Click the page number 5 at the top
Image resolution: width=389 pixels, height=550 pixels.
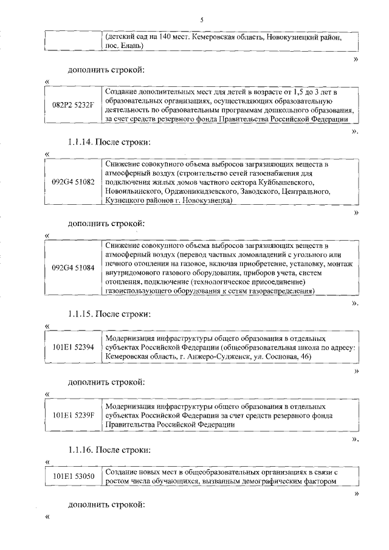click(201, 21)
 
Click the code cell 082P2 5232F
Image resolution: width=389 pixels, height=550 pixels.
click(73, 105)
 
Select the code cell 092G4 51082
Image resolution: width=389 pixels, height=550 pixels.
click(73, 182)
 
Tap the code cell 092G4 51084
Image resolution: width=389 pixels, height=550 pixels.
click(73, 267)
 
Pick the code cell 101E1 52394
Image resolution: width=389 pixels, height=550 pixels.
click(73, 347)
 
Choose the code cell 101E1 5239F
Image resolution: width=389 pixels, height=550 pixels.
click(73, 415)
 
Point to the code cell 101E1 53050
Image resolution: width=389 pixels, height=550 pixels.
click(73, 476)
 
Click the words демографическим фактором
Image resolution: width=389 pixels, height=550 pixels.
click(287, 481)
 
